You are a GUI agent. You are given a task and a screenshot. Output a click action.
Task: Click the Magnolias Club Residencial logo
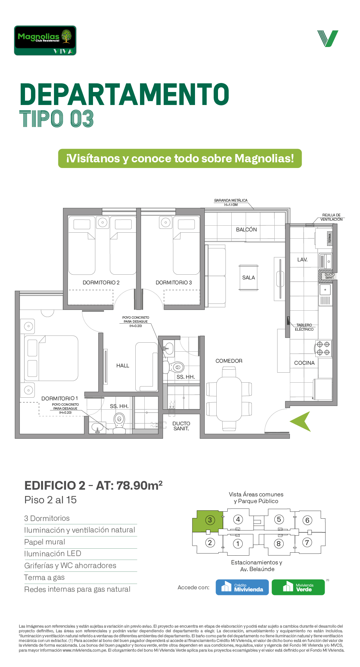(45, 40)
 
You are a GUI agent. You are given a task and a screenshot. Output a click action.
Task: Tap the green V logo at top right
(328, 39)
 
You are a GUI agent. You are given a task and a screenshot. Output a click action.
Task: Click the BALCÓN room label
(246, 230)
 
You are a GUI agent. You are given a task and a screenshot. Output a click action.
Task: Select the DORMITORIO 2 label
(101, 283)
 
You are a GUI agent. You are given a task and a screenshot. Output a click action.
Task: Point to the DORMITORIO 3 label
(174, 283)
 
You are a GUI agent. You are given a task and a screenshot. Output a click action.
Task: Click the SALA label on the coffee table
(249, 278)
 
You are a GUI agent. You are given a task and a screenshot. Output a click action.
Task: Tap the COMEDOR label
(229, 361)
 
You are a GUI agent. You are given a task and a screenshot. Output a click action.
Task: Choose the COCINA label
(304, 363)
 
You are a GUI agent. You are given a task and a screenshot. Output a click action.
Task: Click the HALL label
(123, 366)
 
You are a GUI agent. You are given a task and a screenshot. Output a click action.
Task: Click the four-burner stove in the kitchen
(323, 348)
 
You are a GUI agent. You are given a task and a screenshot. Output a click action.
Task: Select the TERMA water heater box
(330, 238)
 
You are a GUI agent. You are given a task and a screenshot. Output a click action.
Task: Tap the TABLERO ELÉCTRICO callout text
(304, 327)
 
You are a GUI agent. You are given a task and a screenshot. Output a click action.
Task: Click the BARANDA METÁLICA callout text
(231, 203)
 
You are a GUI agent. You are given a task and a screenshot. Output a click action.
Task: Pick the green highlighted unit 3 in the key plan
(207, 521)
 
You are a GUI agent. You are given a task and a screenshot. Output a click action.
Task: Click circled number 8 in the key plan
(279, 544)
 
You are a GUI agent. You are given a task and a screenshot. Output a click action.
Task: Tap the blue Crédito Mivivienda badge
(242, 587)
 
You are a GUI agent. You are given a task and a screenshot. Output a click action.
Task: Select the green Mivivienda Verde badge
(298, 587)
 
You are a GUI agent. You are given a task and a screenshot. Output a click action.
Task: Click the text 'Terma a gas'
(44, 578)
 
